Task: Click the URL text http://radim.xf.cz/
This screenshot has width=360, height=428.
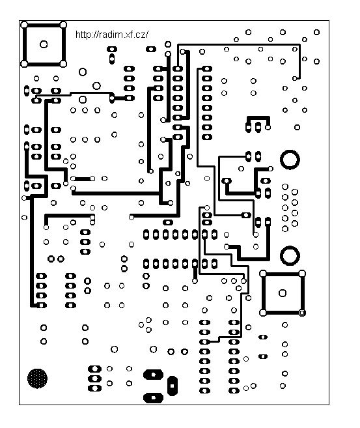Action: click(112, 35)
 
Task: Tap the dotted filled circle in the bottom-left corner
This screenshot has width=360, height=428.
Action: click(37, 378)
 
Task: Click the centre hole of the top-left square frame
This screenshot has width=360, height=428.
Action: click(44, 44)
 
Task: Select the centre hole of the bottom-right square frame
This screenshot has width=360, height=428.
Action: click(283, 293)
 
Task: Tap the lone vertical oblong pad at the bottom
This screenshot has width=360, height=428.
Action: click(172, 386)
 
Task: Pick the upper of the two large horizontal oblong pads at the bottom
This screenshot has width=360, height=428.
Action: click(153, 375)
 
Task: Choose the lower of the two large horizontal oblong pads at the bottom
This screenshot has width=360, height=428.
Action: click(153, 397)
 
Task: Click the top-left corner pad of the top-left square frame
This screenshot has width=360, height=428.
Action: click(24, 25)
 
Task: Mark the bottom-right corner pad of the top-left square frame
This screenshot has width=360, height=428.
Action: click(63, 64)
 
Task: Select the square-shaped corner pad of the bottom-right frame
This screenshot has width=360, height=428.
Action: click(302, 313)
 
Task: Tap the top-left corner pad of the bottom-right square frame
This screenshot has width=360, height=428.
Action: click(263, 274)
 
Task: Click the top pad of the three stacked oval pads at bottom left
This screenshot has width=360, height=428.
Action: click(94, 369)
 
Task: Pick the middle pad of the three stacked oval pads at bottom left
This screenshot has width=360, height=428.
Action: click(94, 378)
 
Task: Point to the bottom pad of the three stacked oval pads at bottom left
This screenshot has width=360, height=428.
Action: click(94, 388)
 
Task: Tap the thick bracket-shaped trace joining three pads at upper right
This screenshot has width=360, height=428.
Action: click(258, 118)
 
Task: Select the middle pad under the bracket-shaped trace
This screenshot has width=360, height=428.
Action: click(258, 127)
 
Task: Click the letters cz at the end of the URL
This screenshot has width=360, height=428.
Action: click(141, 35)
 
